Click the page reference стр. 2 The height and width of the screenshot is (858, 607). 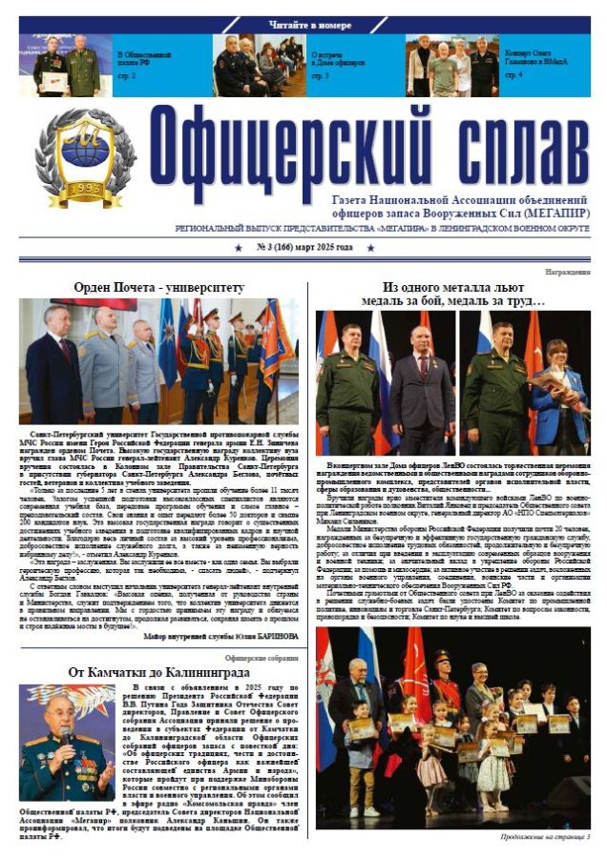pos(127,74)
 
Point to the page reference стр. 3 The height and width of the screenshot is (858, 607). pos(321,74)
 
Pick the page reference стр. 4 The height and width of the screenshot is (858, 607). pos(513,74)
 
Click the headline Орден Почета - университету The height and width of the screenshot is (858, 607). pos(158,286)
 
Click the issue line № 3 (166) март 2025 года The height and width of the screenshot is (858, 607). pos(303,248)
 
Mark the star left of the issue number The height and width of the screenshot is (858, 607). pos(238,248)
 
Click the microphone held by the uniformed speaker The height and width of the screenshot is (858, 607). pos(68,734)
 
